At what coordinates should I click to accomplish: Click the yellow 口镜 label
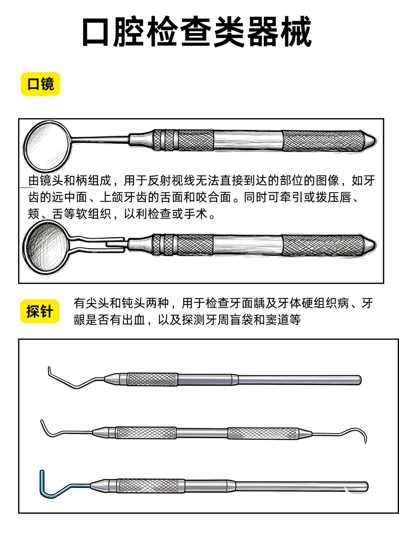pos(40,84)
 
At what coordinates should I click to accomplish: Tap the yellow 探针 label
pos(40,311)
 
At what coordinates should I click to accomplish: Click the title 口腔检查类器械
pos(197,31)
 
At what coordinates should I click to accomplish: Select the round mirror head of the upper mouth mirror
pos(48,146)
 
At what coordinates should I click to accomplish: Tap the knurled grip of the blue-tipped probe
pos(150,486)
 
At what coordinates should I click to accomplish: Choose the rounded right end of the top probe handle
pos(359,380)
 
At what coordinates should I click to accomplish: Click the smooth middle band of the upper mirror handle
pos(248,141)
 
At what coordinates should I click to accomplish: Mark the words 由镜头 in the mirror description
pos(46,180)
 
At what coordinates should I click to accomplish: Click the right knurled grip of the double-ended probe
pos(263,433)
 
